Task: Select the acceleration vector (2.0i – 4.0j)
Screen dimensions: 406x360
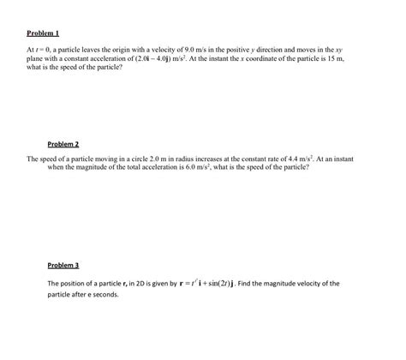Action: pyautogui.click(x=153, y=62)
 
